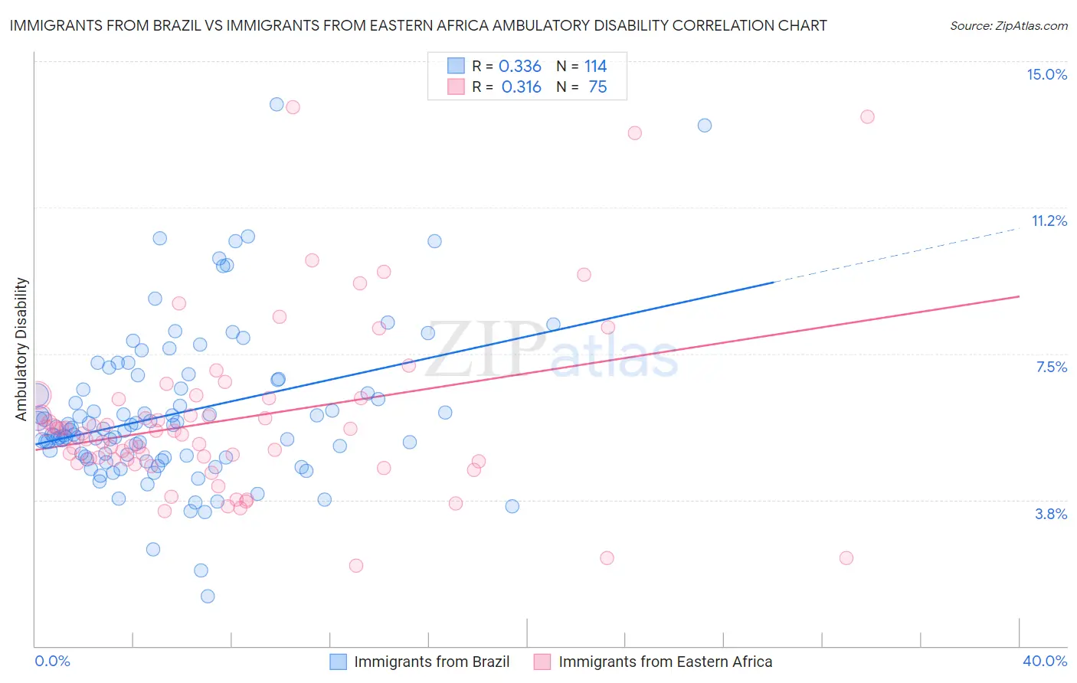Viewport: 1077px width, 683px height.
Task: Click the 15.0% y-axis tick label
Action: tap(1046, 74)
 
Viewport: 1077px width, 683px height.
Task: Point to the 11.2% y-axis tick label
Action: tap(1049, 221)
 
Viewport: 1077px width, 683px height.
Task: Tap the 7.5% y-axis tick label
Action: tap(1051, 367)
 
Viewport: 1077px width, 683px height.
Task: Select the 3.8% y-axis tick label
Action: tap(1051, 514)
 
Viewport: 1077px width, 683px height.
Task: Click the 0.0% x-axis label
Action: tap(52, 661)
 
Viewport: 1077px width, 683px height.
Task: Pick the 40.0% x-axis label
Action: tap(1044, 661)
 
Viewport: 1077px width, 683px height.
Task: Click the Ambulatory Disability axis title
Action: tap(21, 348)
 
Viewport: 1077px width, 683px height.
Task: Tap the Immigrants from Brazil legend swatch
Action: tap(339, 662)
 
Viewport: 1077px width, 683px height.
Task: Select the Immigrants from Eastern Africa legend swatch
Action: tap(542, 662)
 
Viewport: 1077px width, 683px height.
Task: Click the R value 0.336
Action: tap(519, 66)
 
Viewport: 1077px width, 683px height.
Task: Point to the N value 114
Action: tap(595, 66)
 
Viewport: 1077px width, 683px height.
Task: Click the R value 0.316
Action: tap(521, 87)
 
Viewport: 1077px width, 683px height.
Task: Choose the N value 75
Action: tap(597, 87)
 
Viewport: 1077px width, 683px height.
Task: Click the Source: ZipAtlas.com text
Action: tap(1008, 25)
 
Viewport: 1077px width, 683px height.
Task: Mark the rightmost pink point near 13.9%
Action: tap(867, 116)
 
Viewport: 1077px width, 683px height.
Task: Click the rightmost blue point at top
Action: tap(705, 125)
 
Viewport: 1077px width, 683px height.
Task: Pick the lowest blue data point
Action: tap(208, 596)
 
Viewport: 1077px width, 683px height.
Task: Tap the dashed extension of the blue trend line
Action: tap(896, 255)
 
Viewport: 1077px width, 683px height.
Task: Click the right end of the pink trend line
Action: tap(1018, 296)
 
